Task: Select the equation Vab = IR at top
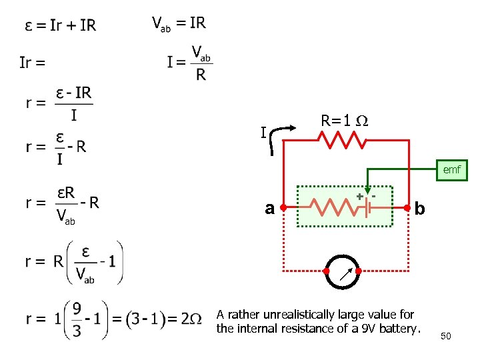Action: click(179, 23)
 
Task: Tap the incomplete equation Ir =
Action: click(33, 63)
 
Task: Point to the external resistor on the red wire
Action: click(342, 140)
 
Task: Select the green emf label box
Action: click(451, 170)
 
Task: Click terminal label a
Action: click(269, 209)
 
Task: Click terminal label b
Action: click(420, 209)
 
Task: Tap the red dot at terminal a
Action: click(284, 207)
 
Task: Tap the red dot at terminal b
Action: click(407, 207)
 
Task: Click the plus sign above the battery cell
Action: click(360, 197)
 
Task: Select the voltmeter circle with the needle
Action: click(343, 272)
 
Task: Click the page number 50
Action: click(445, 336)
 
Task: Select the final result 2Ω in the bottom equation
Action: click(191, 319)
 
